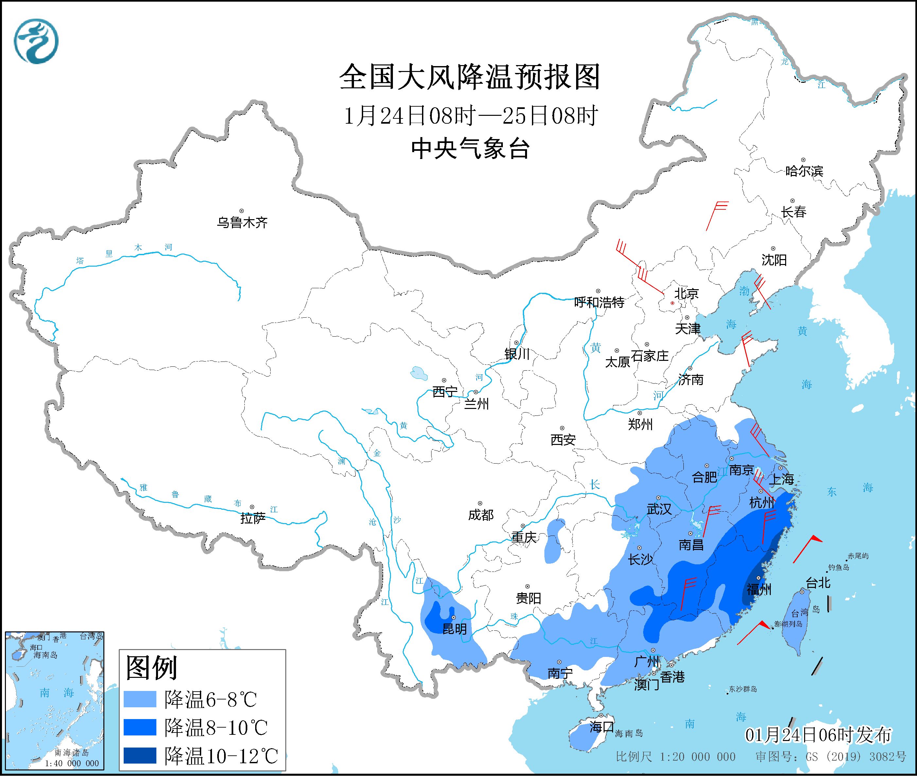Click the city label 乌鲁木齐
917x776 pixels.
point(242,222)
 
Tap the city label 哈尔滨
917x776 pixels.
point(804,171)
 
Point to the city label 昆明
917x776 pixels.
point(454,629)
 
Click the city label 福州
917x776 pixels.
point(759,589)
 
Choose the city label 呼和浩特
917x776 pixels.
point(599,302)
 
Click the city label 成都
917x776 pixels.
point(481,515)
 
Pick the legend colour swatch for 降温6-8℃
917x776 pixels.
point(140,699)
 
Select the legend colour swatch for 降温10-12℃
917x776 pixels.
point(140,755)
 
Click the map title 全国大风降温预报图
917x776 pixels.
point(470,78)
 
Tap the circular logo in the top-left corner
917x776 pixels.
point(36,41)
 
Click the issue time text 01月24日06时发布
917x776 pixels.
point(818,735)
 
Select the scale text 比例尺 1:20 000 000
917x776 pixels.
point(675,757)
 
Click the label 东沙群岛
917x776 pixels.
point(743,689)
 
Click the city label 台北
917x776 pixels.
point(818,583)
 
